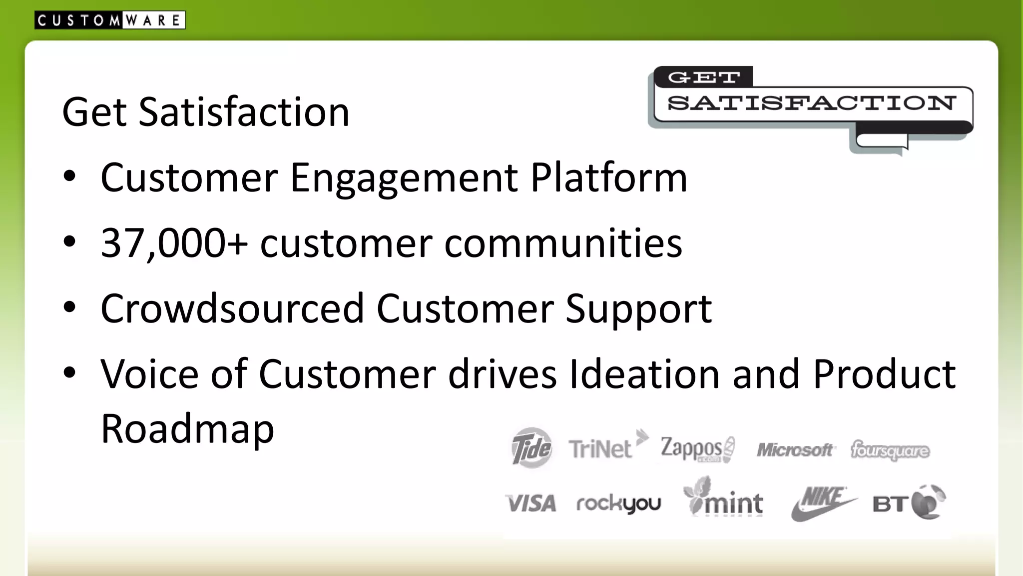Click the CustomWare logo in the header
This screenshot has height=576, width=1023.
click(x=110, y=20)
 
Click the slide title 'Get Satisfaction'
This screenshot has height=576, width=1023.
click(x=206, y=111)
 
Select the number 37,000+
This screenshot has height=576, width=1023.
click(x=174, y=243)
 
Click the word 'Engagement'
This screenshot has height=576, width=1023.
click(x=404, y=178)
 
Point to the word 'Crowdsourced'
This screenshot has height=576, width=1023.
click(x=232, y=308)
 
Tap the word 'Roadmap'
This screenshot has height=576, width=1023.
click(x=187, y=428)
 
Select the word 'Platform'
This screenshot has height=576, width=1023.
click(x=608, y=178)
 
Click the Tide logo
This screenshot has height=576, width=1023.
click(x=531, y=447)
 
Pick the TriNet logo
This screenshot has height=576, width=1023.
click(x=607, y=446)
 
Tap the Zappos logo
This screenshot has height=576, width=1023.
click(x=697, y=448)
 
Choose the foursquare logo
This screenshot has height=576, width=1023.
click(x=890, y=450)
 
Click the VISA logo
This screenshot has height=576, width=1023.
click(x=530, y=503)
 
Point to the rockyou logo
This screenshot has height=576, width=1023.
click(x=619, y=503)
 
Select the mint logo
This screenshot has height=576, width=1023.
click(x=724, y=499)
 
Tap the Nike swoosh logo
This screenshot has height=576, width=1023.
click(x=822, y=503)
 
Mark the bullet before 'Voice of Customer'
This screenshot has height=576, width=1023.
click(x=70, y=372)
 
